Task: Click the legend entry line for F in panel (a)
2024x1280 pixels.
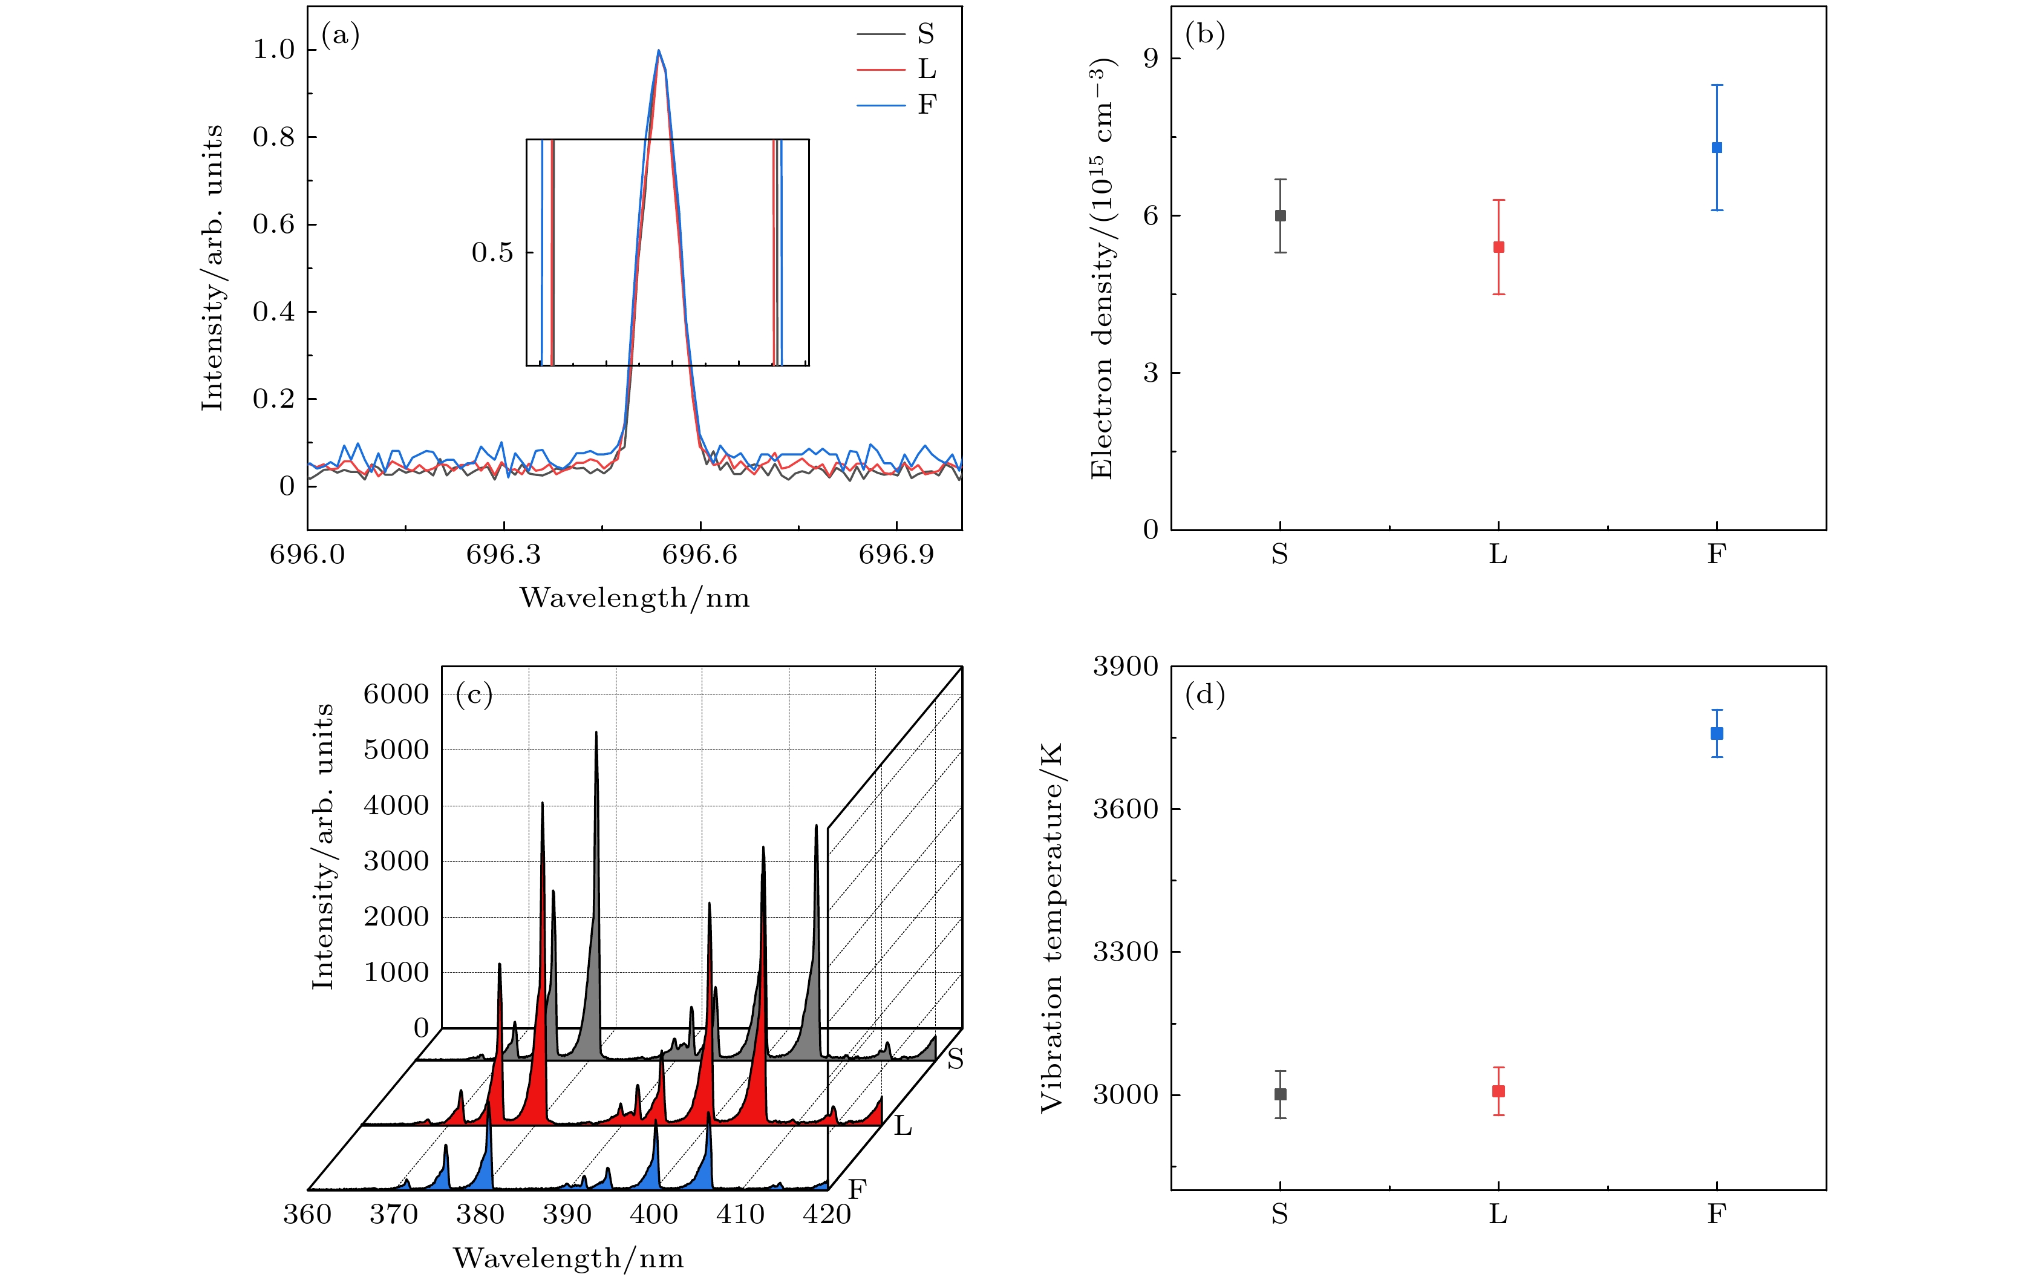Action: (x=880, y=105)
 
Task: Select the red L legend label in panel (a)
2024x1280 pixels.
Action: (x=926, y=69)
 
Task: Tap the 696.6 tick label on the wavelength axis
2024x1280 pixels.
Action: (x=699, y=555)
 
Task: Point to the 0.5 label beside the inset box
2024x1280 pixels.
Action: (x=492, y=252)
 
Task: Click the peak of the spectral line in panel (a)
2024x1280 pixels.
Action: (x=658, y=50)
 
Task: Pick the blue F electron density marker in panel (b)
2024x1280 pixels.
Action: (x=1716, y=148)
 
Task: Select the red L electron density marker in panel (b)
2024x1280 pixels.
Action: (x=1498, y=247)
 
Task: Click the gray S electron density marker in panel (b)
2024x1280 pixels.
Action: (x=1280, y=216)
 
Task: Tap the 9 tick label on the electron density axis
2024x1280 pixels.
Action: (x=1150, y=58)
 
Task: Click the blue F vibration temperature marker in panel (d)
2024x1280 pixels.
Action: (x=1716, y=733)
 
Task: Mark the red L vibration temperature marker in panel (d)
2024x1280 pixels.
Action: (x=1498, y=1091)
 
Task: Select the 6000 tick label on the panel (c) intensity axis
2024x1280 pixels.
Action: (x=396, y=694)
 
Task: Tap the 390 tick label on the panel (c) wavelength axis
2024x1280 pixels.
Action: (x=567, y=1215)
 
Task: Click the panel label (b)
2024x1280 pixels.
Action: (x=1204, y=34)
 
